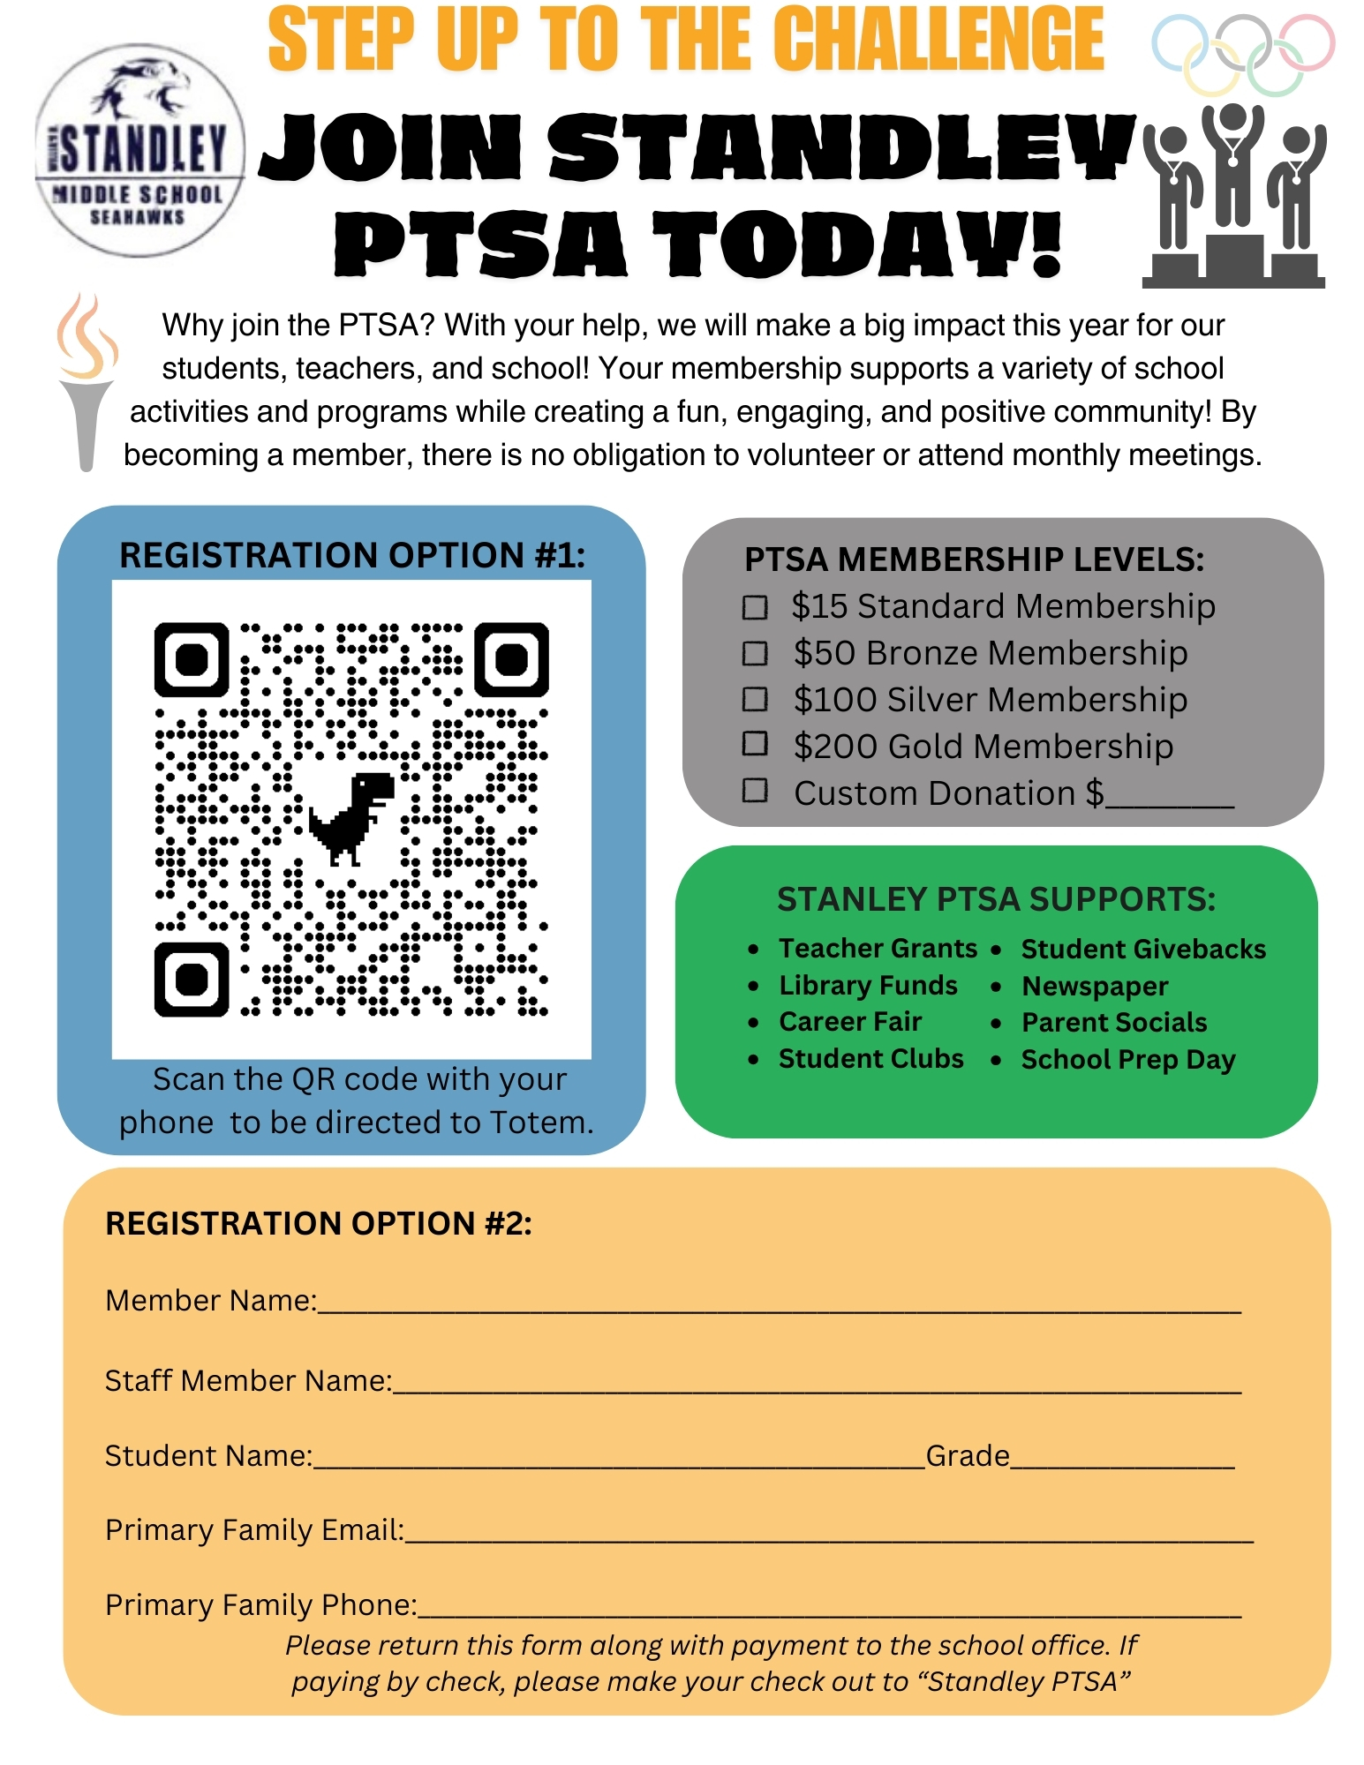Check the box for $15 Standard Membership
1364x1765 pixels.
(x=755, y=607)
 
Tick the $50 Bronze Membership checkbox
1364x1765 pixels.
(x=755, y=653)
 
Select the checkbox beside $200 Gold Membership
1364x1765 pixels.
(x=755, y=744)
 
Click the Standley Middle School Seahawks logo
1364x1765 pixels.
(x=139, y=151)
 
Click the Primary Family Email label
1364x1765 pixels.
(x=254, y=1529)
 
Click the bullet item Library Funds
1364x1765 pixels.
(x=868, y=985)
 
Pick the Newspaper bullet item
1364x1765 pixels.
(x=1095, y=986)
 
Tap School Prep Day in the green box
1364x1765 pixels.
(x=1128, y=1059)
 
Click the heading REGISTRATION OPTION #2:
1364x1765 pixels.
(x=319, y=1223)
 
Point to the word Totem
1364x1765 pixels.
(x=540, y=1122)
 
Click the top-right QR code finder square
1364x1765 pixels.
(x=511, y=659)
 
